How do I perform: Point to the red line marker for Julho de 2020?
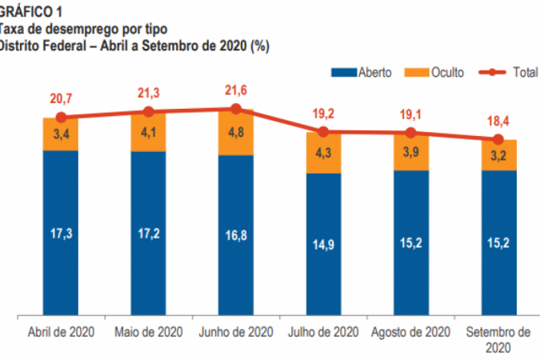point(323,132)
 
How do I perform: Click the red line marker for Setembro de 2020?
point(498,139)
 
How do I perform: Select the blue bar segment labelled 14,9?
point(323,244)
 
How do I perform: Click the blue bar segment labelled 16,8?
point(236,236)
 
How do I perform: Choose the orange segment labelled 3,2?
point(498,155)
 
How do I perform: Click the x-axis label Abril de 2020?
point(61,332)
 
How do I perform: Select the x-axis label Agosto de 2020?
point(410,332)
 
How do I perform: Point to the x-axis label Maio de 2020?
point(148,332)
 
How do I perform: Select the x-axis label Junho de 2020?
point(235,332)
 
